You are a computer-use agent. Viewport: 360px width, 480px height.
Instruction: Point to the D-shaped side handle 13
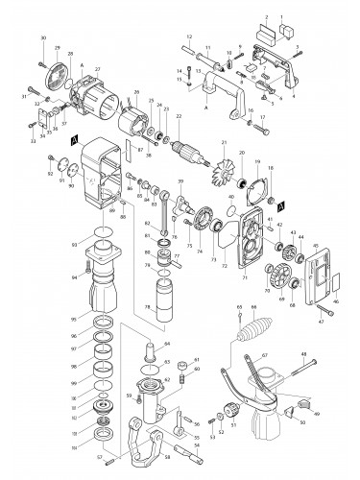(x=229, y=82)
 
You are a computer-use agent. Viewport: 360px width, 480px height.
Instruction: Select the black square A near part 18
(x=279, y=204)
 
